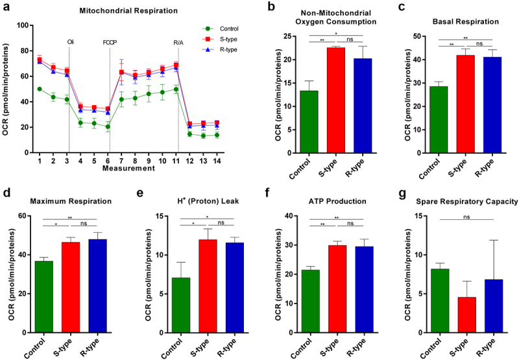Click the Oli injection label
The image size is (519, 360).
point(70,42)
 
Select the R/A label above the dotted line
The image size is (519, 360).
point(178,42)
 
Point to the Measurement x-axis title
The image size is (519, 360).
point(128,169)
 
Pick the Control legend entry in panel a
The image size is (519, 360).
point(221,29)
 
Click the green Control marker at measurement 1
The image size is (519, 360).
point(40,89)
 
